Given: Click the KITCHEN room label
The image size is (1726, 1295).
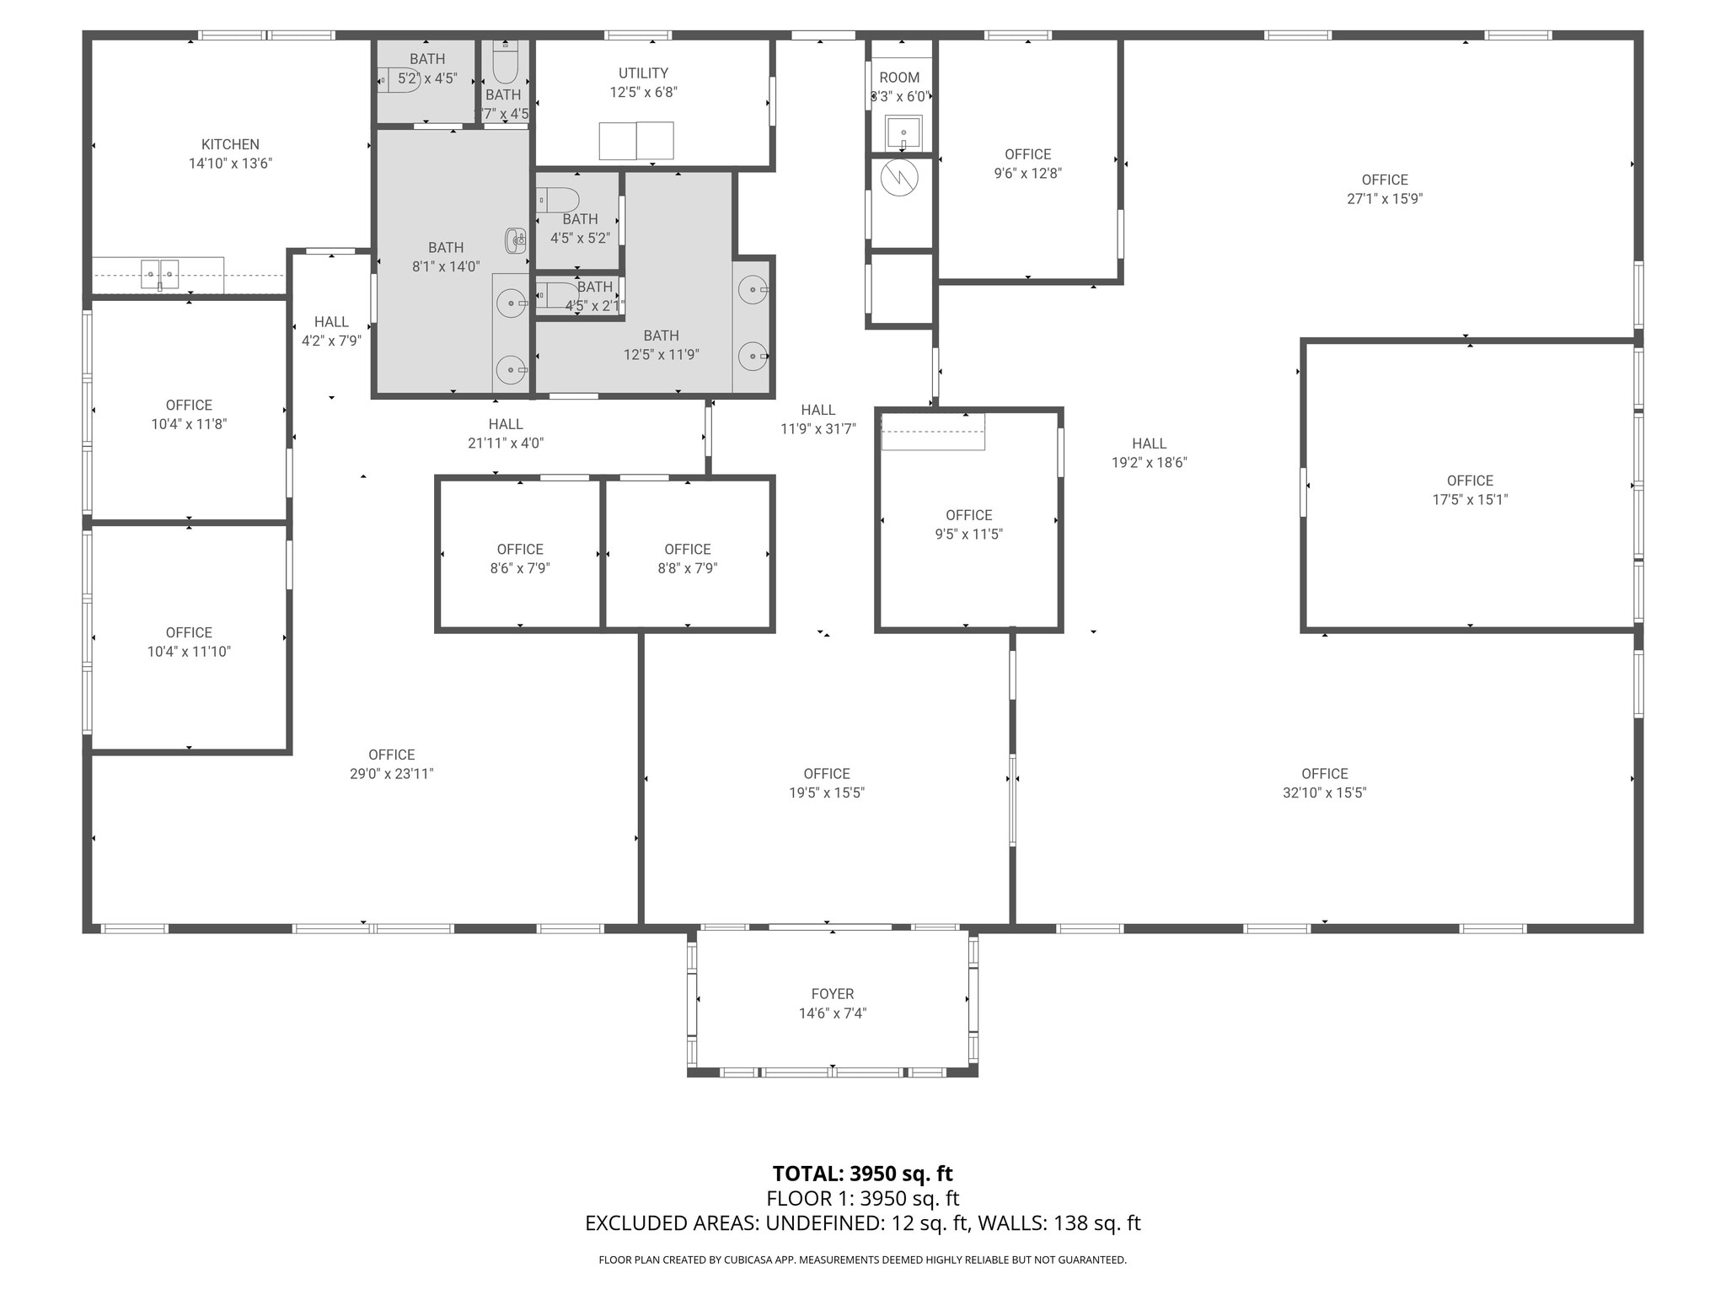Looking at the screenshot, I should pos(230,144).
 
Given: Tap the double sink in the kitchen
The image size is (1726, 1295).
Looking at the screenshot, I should pos(159,275).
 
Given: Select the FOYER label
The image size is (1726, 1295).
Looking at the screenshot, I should pos(832,994).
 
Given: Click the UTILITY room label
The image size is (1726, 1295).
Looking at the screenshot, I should pos(643,73).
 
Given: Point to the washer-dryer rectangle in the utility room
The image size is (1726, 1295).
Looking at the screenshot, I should pos(636,141).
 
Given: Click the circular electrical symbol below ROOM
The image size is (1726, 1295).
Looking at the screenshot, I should pos(899,177).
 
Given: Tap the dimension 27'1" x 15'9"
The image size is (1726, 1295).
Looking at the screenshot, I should pos(1385,199).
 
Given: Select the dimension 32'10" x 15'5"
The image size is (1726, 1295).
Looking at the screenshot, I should pos(1324,793).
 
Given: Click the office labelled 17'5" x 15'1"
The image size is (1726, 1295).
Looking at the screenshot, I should pos(1470,490).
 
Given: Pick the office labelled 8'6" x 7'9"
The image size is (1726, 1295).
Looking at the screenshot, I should pos(520,558).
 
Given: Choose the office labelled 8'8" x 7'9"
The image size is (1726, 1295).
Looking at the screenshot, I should pos(688,558).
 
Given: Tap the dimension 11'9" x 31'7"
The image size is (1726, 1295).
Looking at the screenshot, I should pos(817,428).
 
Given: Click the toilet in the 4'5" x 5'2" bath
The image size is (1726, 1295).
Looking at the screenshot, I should pos(558,200).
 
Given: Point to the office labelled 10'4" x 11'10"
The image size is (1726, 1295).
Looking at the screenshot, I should pos(189,642).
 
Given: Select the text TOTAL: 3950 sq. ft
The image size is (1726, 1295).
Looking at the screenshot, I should pos(862,1174).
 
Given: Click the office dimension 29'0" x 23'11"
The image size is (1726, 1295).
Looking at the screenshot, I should pos(391,773).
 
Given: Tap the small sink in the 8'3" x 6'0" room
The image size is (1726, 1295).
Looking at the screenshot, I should pos(903,132).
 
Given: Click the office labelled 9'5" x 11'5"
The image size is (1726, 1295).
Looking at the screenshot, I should pos(968,524).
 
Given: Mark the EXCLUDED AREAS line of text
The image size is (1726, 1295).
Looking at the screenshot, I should pos(862,1223).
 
